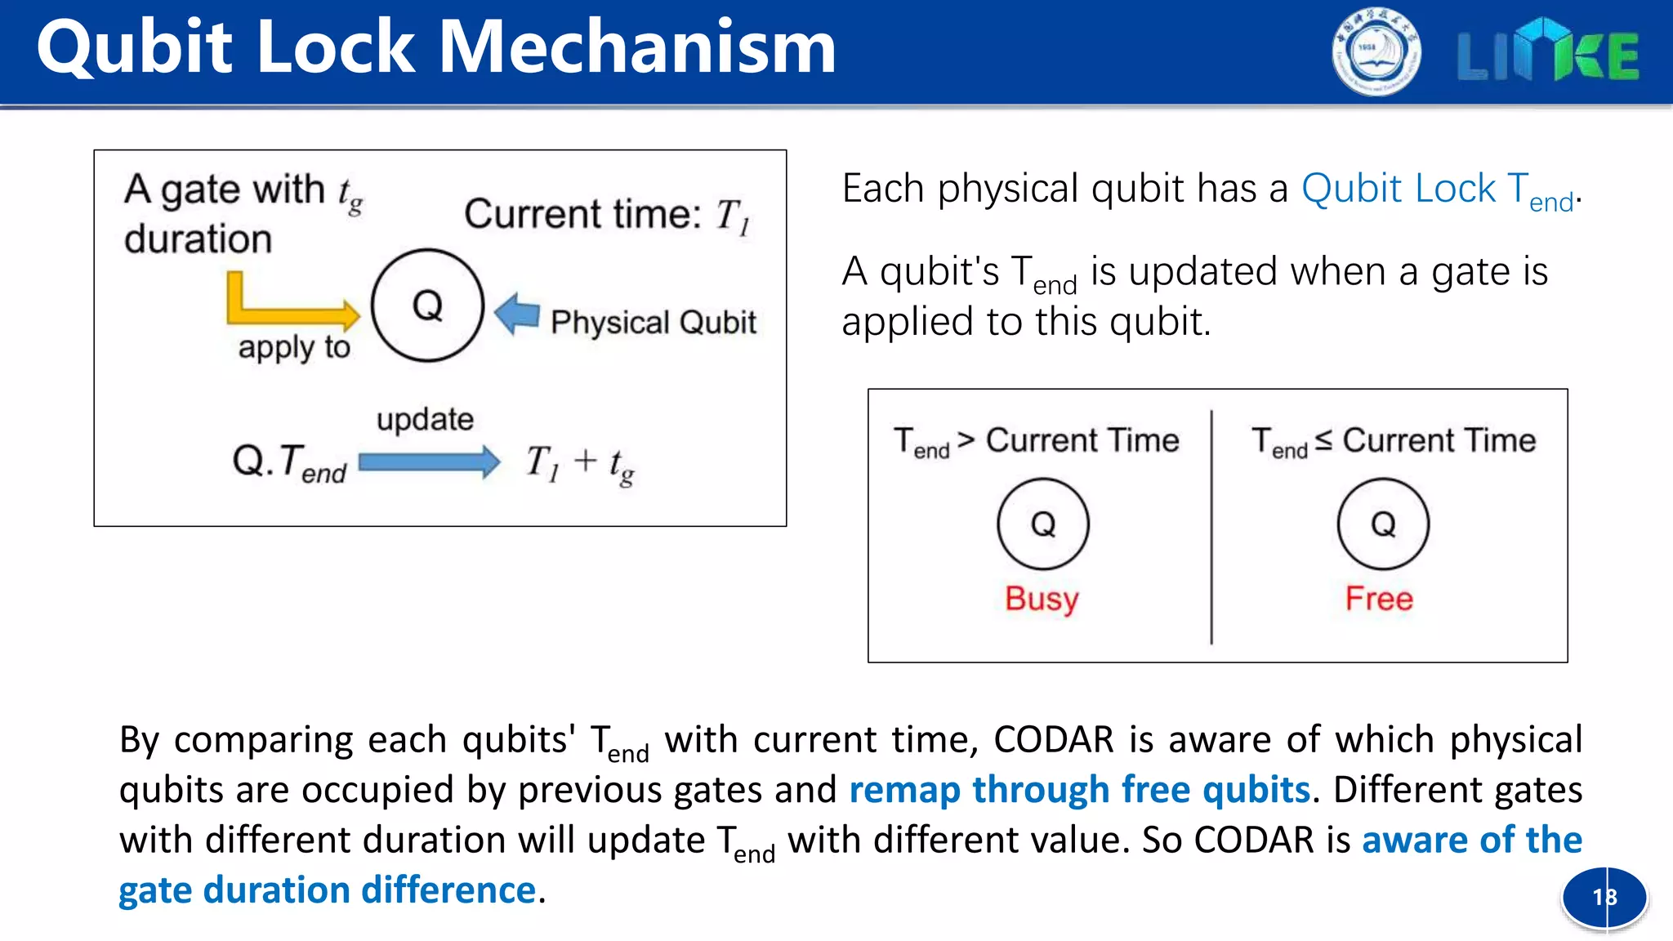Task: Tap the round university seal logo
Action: [1376, 52]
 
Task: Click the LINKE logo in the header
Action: [1547, 52]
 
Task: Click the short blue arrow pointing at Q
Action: [518, 314]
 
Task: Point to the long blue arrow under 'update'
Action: [429, 462]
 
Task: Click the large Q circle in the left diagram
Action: [427, 305]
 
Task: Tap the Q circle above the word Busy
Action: [1042, 524]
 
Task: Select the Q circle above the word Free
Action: [1382, 524]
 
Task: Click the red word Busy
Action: [1042, 599]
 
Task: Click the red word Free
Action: [1379, 599]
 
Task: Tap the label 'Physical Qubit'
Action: [653, 322]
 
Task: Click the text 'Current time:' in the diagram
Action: [582, 214]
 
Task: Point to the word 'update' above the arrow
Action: [425, 419]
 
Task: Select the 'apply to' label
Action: [294, 347]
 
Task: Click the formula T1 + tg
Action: [579, 463]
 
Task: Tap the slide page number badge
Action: [1604, 897]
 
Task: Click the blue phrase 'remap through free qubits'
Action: [1079, 790]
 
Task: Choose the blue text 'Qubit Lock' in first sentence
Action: [1398, 189]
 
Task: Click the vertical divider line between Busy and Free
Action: [1211, 527]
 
